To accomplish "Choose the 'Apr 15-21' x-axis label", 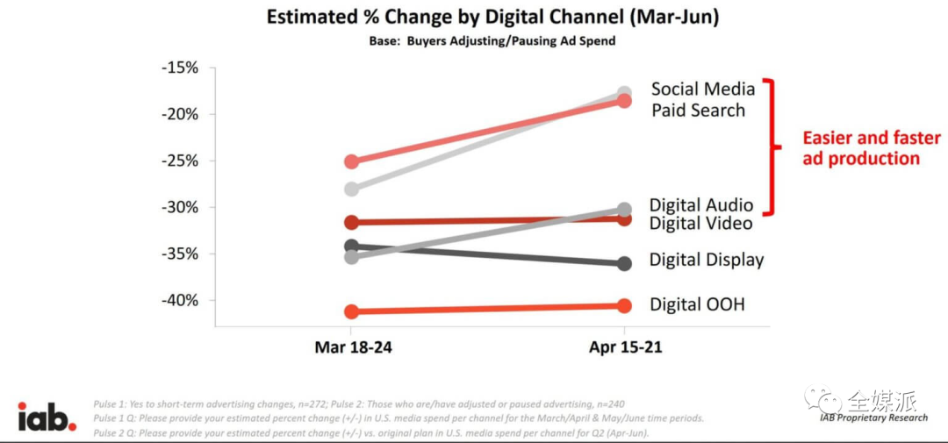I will (x=624, y=347).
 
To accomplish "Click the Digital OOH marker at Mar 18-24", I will (x=351, y=311).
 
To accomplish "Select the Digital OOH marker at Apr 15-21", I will (x=624, y=305).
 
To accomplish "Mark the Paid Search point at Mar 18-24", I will (x=351, y=161).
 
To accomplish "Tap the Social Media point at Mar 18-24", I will (x=351, y=189).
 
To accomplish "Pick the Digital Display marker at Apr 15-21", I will (x=624, y=263).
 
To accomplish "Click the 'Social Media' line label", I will (x=702, y=89).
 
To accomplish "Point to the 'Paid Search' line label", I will (x=698, y=111).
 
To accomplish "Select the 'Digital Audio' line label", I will (x=700, y=205).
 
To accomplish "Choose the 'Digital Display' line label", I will (x=707, y=260).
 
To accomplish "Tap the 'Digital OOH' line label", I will (x=697, y=304).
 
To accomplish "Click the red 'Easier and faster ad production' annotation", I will (x=871, y=148).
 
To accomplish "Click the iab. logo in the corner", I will (x=47, y=417).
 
